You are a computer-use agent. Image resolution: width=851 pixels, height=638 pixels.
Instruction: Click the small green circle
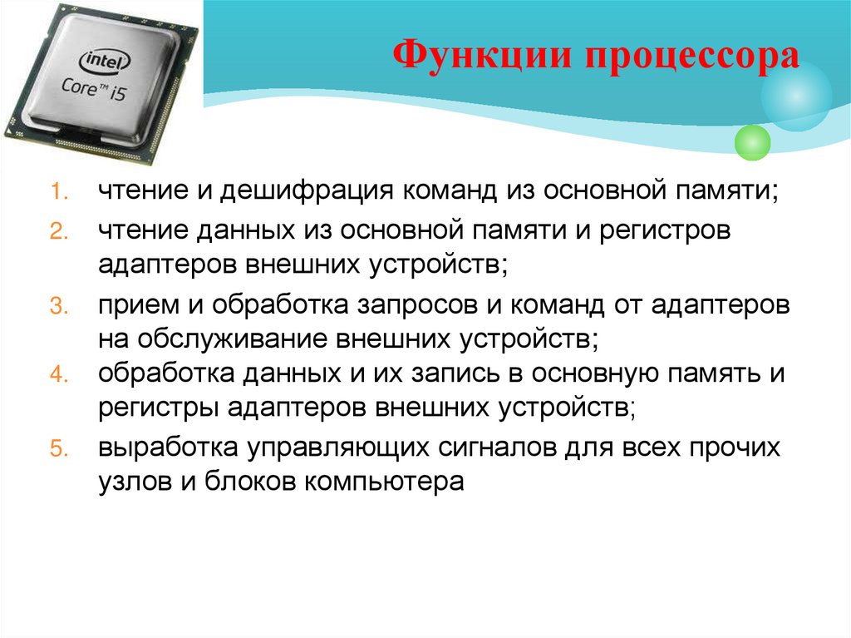(x=753, y=141)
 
